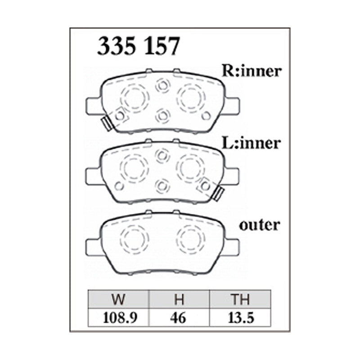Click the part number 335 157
click(139, 46)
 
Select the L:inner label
click(251, 144)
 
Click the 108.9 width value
click(119, 318)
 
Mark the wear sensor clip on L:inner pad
click(219, 193)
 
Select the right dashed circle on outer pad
click(190, 237)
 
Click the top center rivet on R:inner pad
click(162, 85)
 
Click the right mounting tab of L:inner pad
click(232, 175)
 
